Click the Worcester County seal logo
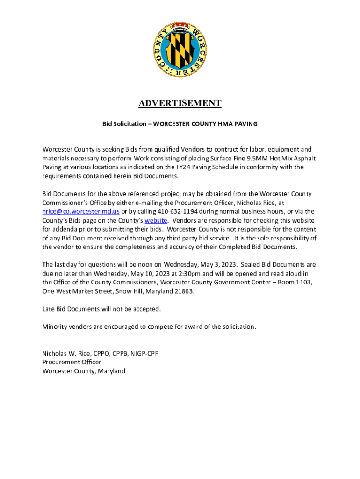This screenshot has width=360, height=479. pyautogui.click(x=180, y=51)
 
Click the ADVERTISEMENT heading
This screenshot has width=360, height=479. pyautogui.click(x=180, y=103)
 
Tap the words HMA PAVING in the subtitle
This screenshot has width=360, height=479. pyautogui.click(x=238, y=124)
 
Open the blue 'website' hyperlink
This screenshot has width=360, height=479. pyautogui.click(x=156, y=220)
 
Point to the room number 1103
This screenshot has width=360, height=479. pyautogui.click(x=303, y=282)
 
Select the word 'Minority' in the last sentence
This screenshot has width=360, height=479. pyautogui.click(x=55, y=327)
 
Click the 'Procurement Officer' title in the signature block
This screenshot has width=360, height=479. pyautogui.click(x=72, y=362)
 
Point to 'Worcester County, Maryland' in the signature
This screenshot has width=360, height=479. pyautogui.click(x=84, y=371)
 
